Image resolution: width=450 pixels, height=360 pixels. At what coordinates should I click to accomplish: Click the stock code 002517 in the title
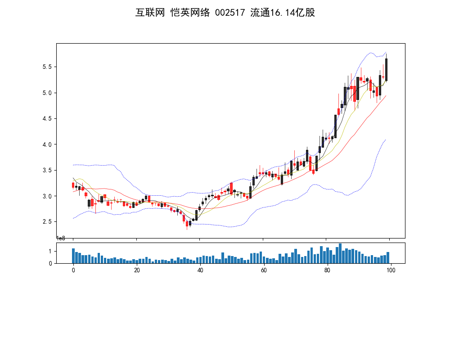[x=230, y=13]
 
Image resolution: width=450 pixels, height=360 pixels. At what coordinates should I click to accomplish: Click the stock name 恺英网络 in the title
[x=190, y=13]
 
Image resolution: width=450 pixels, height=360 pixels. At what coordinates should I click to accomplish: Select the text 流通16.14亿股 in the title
[x=283, y=13]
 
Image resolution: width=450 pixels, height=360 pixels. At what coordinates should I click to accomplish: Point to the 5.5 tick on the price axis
[x=47, y=67]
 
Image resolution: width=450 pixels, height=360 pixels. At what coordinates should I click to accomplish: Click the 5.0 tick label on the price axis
[x=47, y=93]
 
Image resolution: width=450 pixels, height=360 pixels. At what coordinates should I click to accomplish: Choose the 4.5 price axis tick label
[x=47, y=118]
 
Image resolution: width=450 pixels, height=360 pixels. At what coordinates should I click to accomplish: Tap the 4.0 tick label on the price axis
[x=47, y=144]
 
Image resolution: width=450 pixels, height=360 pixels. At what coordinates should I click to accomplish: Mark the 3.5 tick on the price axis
[x=47, y=170]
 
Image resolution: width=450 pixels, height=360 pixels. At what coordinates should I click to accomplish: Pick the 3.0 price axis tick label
[x=47, y=196]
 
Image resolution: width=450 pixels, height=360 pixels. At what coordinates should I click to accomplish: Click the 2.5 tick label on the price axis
[x=47, y=222]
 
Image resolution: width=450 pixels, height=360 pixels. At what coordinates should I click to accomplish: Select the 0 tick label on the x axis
[x=73, y=270]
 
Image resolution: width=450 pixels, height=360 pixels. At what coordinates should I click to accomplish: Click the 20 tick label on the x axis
[x=137, y=270]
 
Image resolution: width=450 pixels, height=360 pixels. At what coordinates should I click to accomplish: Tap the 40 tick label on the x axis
[x=200, y=270]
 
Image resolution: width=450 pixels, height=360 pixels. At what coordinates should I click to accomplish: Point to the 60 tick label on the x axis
[x=264, y=270]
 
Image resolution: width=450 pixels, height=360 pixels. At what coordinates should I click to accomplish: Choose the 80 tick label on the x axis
[x=327, y=270]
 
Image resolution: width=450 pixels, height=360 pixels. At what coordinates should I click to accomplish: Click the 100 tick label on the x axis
[x=391, y=270]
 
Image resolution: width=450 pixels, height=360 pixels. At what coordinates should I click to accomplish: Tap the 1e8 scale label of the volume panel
[x=61, y=238]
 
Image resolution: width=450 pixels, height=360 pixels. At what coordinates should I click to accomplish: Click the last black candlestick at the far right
[x=387, y=70]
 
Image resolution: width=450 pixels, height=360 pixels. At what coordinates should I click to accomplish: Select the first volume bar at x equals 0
[x=73, y=256]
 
